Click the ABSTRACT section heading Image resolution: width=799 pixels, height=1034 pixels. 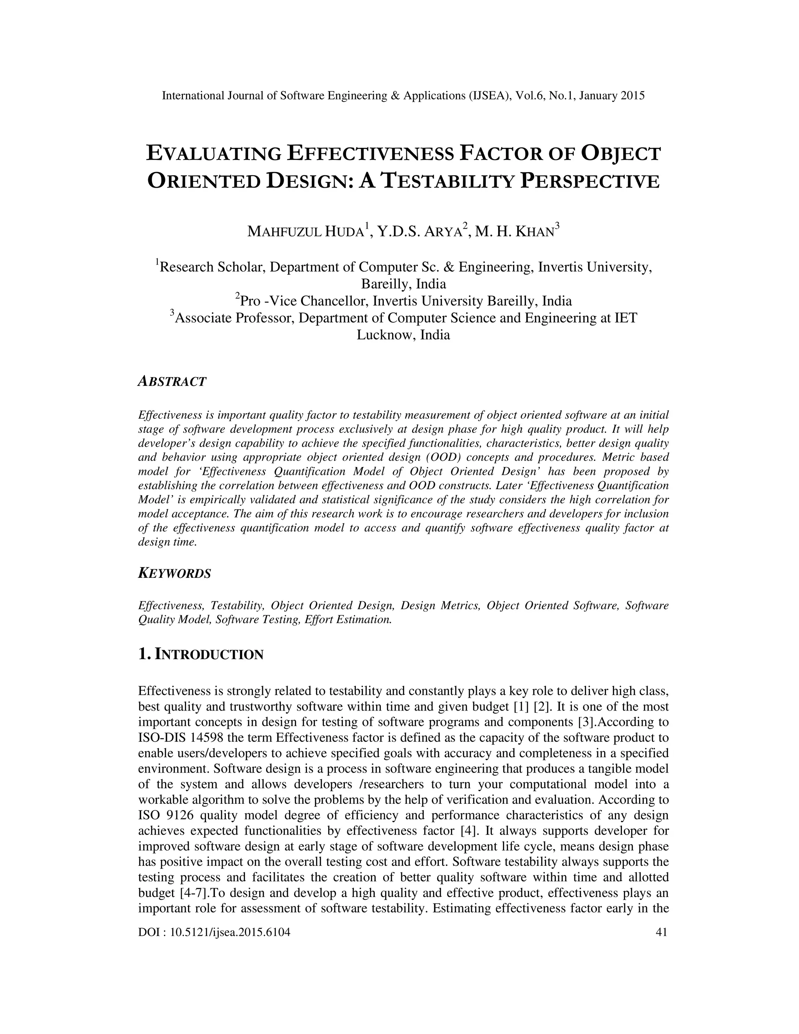[x=172, y=382]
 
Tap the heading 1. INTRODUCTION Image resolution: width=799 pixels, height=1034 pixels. [x=201, y=655]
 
